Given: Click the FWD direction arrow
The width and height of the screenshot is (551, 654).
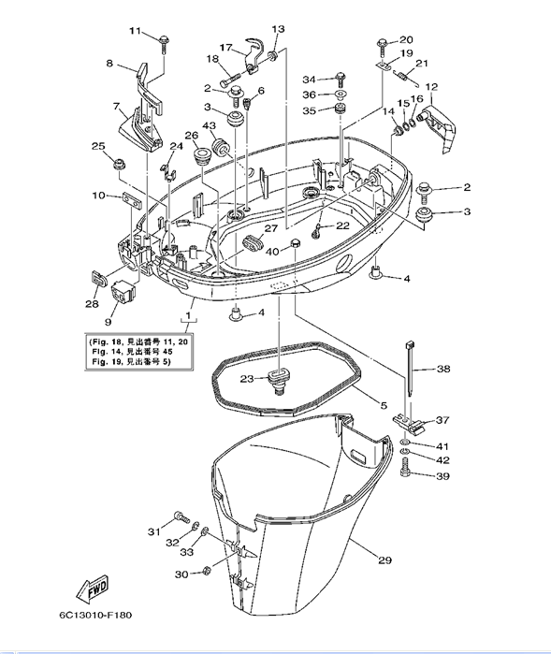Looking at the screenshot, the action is [x=93, y=589].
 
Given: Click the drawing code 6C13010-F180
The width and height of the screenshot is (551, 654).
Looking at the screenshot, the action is [x=95, y=616].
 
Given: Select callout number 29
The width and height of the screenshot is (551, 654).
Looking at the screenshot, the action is [x=384, y=560].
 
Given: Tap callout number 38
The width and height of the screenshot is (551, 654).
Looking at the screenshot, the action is [x=443, y=369].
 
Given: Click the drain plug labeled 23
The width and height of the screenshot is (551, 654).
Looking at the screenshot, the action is [x=276, y=381].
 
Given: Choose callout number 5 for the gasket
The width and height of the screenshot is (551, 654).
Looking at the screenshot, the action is [x=384, y=405].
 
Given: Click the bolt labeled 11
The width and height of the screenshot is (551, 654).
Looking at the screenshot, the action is [x=164, y=44].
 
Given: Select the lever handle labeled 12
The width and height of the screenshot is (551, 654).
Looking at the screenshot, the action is [x=440, y=126].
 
